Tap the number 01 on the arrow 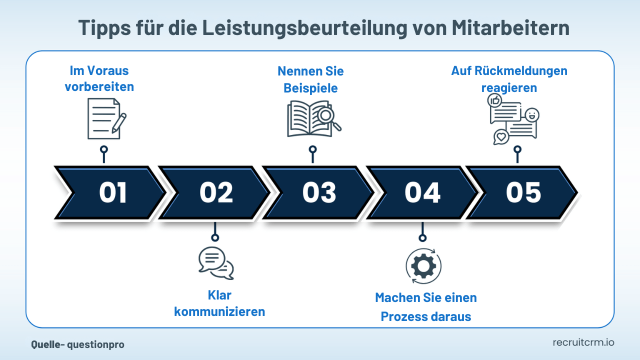click(x=112, y=192)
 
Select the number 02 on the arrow click(x=216, y=192)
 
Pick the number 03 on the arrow click(x=319, y=192)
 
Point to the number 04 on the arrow click(x=422, y=192)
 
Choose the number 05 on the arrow click(x=523, y=192)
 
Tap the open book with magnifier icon click(x=313, y=119)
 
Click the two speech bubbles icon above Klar click(x=215, y=263)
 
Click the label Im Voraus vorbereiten click(x=99, y=78)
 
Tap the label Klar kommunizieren click(x=219, y=303)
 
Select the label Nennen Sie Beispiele click(x=310, y=79)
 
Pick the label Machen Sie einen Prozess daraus click(x=426, y=307)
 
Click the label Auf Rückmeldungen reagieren click(x=509, y=79)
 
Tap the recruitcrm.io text click(x=583, y=342)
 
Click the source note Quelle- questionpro click(x=77, y=344)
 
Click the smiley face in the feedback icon click(x=531, y=114)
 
